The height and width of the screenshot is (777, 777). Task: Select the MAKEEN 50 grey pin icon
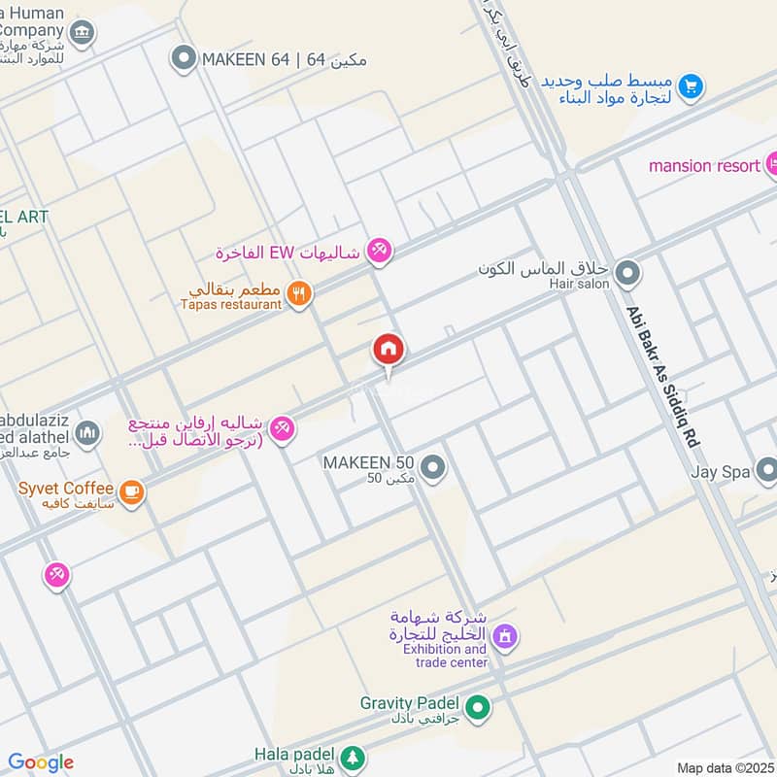433,469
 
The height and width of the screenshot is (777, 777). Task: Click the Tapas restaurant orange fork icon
300,292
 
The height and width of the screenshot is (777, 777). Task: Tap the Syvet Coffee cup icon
131,493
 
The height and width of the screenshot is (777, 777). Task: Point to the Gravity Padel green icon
477,709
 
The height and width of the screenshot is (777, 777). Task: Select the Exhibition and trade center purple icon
504,638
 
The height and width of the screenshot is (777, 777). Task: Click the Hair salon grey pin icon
627,274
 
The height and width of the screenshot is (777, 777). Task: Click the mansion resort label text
704,166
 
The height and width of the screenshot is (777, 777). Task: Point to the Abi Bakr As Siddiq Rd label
663,376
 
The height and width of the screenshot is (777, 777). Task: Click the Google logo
41,762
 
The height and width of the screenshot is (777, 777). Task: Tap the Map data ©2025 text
724,767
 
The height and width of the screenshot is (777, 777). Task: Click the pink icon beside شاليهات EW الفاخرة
379,252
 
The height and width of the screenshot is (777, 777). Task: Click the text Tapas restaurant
231,304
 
